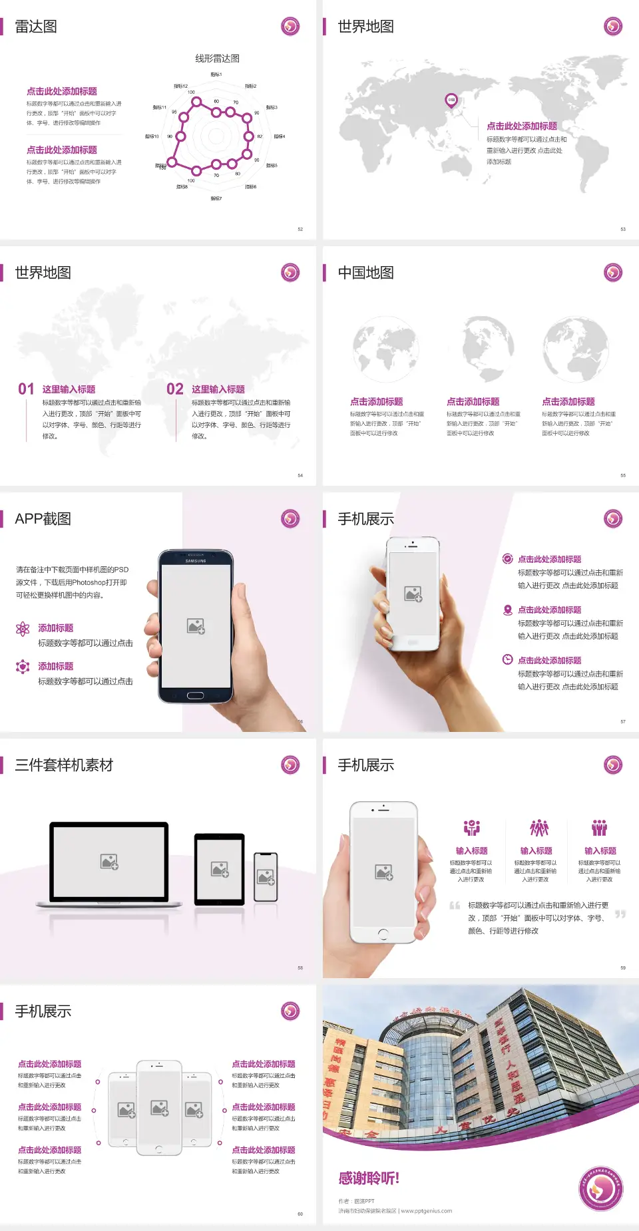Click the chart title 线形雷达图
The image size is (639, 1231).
click(217, 59)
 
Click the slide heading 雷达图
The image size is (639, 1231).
click(36, 27)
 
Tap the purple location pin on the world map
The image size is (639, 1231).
click(451, 100)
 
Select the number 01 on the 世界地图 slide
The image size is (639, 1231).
click(26, 389)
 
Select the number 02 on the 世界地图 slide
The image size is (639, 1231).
click(175, 389)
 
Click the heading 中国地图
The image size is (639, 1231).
click(365, 273)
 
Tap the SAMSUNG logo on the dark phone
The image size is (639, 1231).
click(196, 561)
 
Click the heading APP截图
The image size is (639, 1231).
click(43, 519)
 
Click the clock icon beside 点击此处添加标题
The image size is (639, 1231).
click(507, 659)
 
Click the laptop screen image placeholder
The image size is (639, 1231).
click(109, 862)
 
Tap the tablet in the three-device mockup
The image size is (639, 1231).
click(220, 869)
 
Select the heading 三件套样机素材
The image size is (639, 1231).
click(64, 765)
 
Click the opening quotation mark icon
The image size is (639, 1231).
click(455, 906)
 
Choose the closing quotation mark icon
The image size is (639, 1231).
click(620, 914)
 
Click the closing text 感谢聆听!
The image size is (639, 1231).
click(369, 1178)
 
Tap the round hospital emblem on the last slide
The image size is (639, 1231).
click(601, 1188)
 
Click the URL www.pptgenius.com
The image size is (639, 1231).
click(427, 1211)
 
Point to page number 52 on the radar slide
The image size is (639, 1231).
click(300, 229)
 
